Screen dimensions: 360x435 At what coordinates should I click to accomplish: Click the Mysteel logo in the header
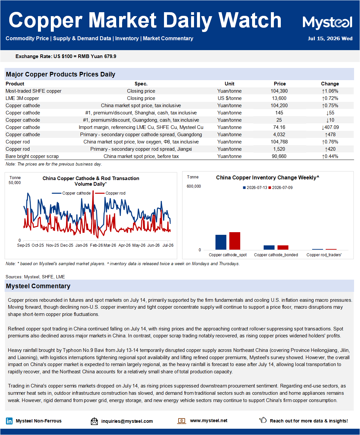click(327, 22)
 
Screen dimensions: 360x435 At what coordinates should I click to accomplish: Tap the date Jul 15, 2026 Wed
click(330, 39)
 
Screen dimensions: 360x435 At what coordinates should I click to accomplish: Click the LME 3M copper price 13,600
click(279, 98)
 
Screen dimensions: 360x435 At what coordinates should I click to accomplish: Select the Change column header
click(330, 84)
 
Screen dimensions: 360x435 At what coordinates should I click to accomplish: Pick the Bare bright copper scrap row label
click(32, 156)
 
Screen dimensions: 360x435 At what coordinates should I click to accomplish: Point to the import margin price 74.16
click(279, 127)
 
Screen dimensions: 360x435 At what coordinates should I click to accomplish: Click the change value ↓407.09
click(330, 127)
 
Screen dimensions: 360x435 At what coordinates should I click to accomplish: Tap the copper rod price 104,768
click(279, 142)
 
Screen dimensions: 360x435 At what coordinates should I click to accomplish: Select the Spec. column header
click(141, 84)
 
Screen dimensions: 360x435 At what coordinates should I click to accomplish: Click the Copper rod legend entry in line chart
click(110, 193)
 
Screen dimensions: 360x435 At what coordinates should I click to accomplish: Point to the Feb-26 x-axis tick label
click(96, 245)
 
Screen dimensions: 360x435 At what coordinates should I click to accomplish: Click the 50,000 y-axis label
click(15, 183)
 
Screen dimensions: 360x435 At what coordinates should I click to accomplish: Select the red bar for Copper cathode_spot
click(235, 241)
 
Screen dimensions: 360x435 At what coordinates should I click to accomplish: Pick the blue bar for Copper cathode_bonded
click(269, 247)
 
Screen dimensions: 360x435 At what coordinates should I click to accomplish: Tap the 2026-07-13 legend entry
click(255, 188)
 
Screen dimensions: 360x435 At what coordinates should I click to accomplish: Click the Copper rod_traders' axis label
click(324, 255)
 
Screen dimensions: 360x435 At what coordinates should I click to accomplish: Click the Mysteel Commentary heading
click(38, 286)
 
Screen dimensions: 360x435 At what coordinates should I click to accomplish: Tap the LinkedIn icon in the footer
click(9, 421)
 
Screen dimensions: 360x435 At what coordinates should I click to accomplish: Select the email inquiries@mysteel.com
click(127, 421)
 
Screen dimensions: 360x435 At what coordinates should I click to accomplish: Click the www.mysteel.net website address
click(209, 420)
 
